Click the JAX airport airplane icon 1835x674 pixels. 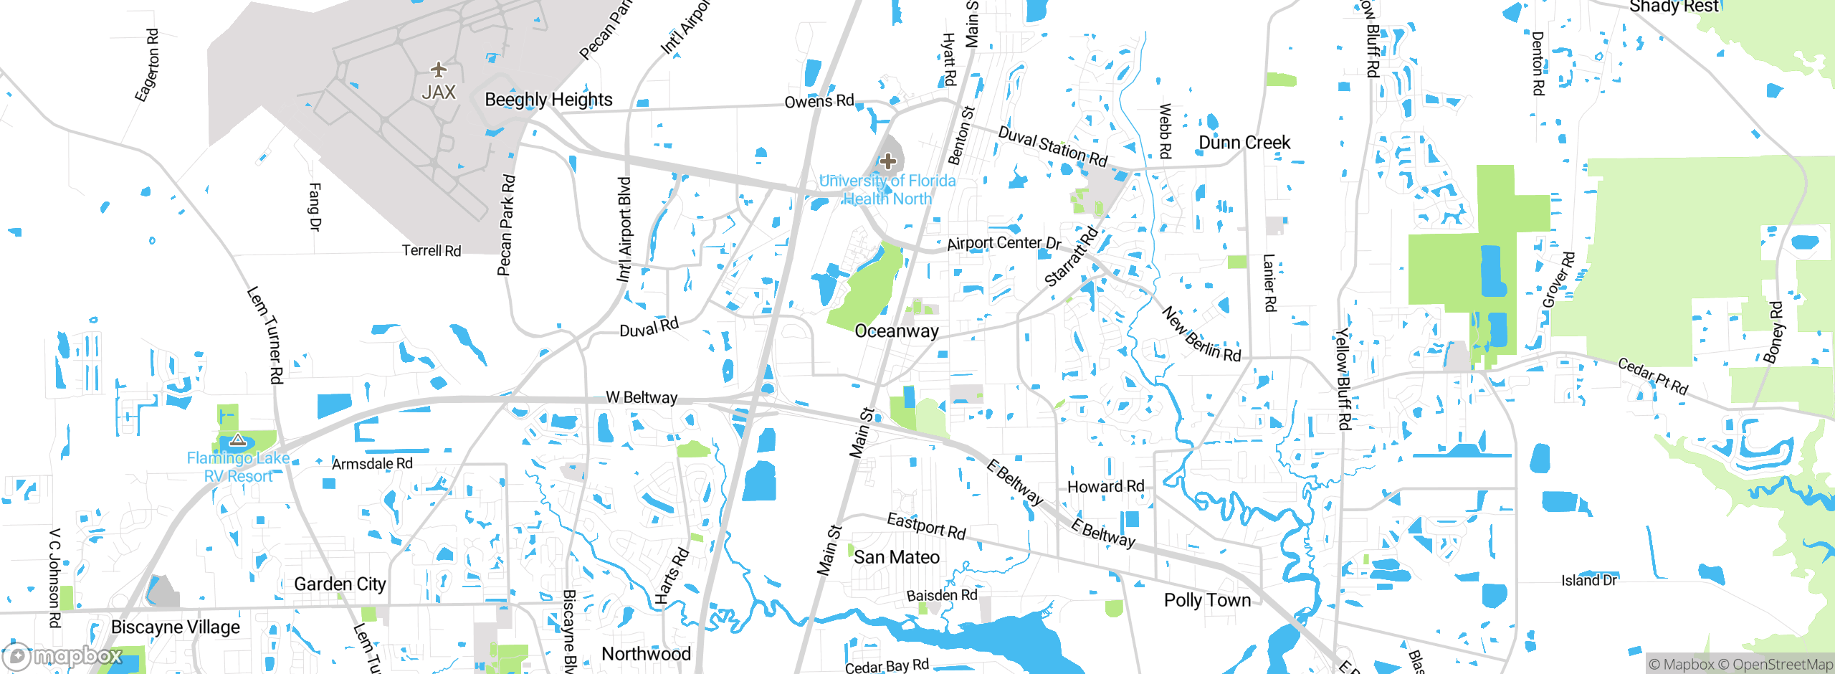click(x=439, y=70)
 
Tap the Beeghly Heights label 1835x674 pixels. click(x=548, y=100)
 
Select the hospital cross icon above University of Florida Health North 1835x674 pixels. click(x=888, y=161)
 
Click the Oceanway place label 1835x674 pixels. click(x=897, y=331)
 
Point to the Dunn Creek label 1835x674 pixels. click(x=1244, y=143)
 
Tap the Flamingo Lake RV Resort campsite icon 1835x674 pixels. click(x=238, y=440)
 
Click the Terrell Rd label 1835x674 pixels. click(x=431, y=250)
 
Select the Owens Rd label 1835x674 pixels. click(x=819, y=101)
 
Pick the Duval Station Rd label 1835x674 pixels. click(x=1052, y=146)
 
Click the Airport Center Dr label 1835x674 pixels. click(x=1004, y=243)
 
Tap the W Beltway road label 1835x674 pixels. click(x=642, y=397)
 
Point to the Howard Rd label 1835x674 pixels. click(x=1105, y=487)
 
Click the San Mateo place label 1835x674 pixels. click(x=897, y=557)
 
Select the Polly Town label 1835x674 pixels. click(x=1207, y=600)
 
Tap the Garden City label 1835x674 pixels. click(x=340, y=584)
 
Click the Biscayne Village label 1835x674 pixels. click(x=176, y=627)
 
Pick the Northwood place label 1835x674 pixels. click(x=646, y=654)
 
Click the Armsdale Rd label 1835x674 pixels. click(x=372, y=464)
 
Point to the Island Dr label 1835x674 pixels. click(x=1589, y=580)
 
